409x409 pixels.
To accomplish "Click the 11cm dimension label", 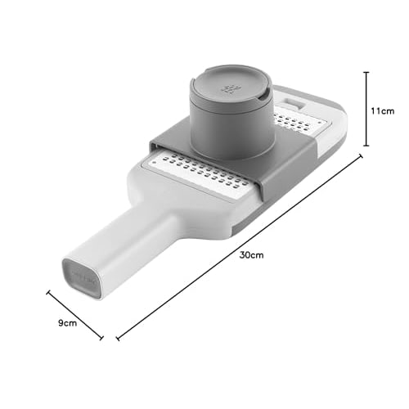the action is [383, 111].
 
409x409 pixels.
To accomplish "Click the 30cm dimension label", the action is [251, 255].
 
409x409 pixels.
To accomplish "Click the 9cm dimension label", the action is [67, 323].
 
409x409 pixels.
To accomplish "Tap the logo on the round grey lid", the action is [229, 89].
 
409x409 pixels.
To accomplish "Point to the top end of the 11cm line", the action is [366, 72].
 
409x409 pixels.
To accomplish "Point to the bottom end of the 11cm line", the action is [366, 146].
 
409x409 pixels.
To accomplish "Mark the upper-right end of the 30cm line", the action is [361, 156].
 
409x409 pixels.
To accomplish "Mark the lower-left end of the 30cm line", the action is [118, 339].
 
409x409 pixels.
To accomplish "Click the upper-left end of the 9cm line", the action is [48, 292].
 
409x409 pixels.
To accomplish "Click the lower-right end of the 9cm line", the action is [101, 338].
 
